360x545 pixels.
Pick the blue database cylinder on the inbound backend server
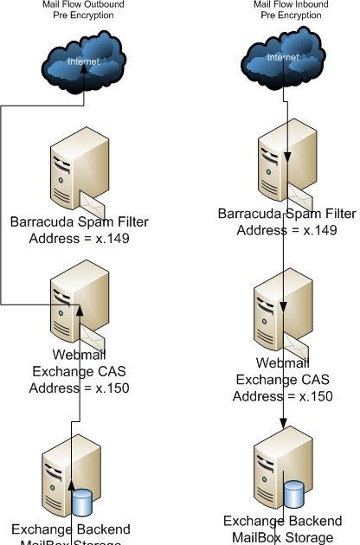click(293, 492)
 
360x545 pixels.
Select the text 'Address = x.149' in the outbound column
click(79, 239)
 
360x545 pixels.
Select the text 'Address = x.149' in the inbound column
click(285, 230)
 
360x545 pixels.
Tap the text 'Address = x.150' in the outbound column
click(79, 388)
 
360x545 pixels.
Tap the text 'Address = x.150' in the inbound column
click(285, 395)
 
